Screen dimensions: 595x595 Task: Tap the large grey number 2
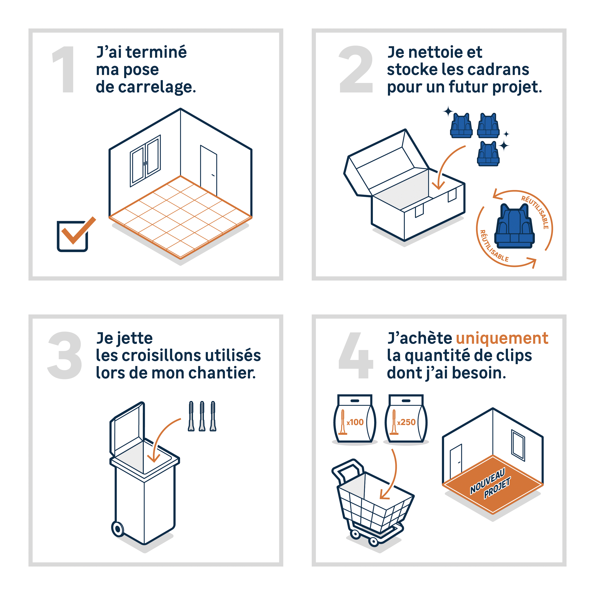click(356, 69)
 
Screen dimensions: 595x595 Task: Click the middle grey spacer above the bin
click(202, 416)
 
